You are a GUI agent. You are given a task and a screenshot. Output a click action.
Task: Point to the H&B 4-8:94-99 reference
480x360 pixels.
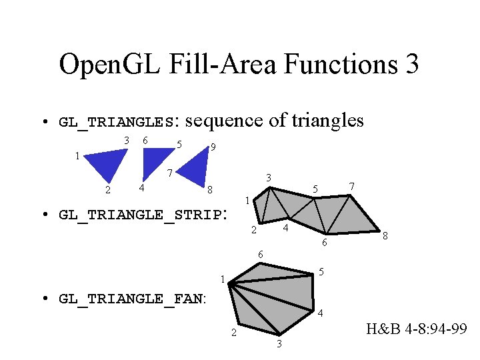[x=416, y=329]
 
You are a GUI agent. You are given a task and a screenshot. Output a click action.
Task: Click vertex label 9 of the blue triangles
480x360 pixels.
[x=212, y=147]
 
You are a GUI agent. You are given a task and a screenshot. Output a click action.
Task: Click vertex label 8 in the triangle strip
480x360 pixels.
[x=385, y=236]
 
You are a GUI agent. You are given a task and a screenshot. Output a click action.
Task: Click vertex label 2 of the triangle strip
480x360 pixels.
[x=254, y=231]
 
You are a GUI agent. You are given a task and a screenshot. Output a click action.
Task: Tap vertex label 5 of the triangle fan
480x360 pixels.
[x=321, y=271]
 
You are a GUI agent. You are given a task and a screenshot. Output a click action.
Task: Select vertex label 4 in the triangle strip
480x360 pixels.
[x=285, y=229]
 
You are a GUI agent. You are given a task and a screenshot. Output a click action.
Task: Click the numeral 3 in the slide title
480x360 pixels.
[x=411, y=65]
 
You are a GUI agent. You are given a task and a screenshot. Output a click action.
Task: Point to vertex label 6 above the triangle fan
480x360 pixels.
[x=261, y=254]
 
